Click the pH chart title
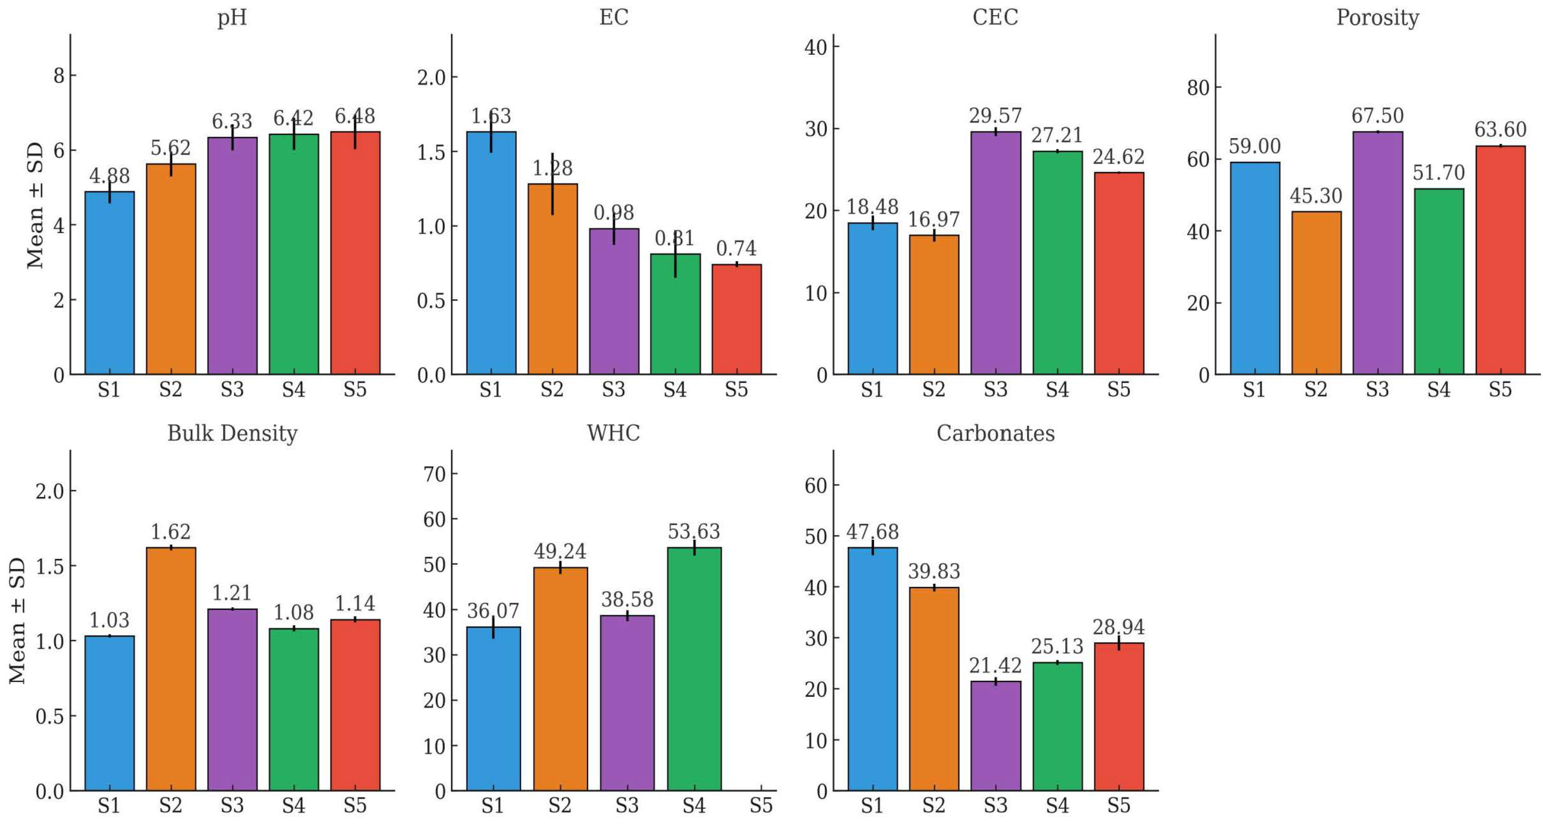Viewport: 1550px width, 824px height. (232, 17)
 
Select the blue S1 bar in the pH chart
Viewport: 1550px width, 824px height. (109, 283)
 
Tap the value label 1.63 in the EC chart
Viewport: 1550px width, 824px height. (491, 116)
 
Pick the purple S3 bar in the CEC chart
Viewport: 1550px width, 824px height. (996, 253)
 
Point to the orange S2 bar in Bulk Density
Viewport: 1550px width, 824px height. (171, 669)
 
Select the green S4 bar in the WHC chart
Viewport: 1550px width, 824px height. (695, 669)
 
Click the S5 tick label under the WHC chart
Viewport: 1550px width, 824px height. (761, 805)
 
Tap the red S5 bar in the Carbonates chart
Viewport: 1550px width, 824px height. (1119, 716)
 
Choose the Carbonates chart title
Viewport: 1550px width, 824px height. (996, 433)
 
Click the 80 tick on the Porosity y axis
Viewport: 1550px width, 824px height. (1198, 88)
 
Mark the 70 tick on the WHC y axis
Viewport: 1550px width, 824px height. (434, 474)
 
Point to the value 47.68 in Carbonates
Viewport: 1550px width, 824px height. (872, 532)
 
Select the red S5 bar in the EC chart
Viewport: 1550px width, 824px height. (736, 319)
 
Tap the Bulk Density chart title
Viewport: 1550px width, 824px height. (232, 433)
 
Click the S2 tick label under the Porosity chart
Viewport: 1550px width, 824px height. (1316, 389)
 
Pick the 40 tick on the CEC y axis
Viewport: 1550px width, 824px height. (816, 47)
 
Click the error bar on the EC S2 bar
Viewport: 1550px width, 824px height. (552, 184)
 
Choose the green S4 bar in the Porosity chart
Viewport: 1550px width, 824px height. (1439, 281)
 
